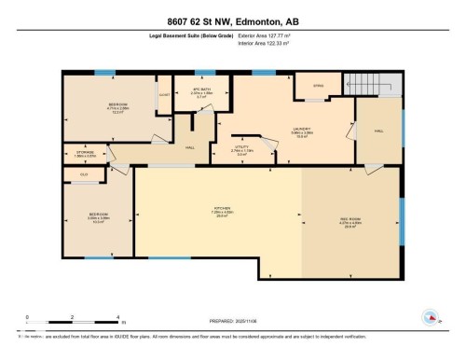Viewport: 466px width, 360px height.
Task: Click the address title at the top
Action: [x=233, y=21]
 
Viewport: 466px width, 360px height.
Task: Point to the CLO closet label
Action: [x=84, y=174]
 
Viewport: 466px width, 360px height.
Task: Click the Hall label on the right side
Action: [x=378, y=132]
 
